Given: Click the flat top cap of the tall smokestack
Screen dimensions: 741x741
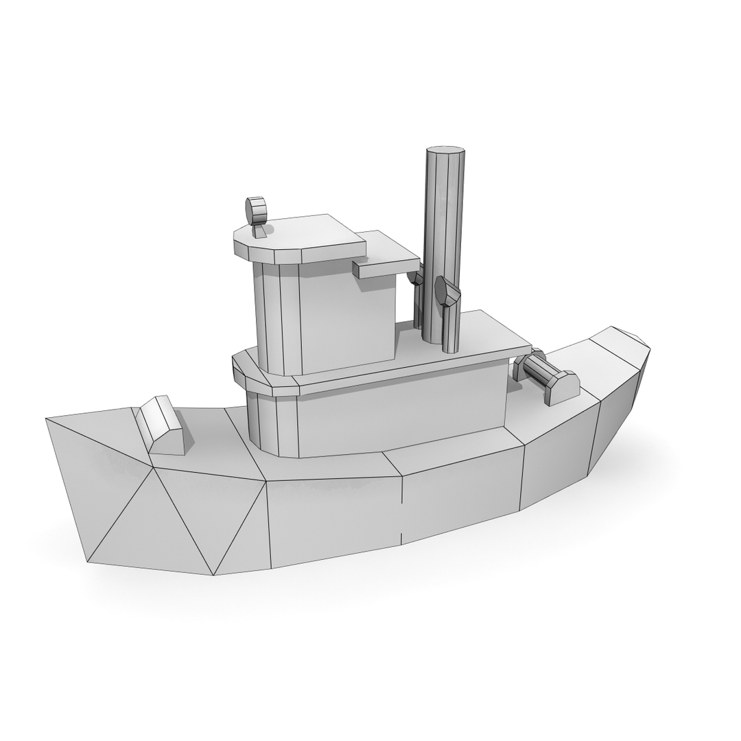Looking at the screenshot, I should coord(445,150).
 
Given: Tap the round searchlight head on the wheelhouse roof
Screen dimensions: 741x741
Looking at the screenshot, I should coord(256,210).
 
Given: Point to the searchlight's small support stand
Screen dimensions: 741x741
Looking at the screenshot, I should coord(259,231).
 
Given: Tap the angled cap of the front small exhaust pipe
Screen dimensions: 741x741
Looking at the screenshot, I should coord(447,292).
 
